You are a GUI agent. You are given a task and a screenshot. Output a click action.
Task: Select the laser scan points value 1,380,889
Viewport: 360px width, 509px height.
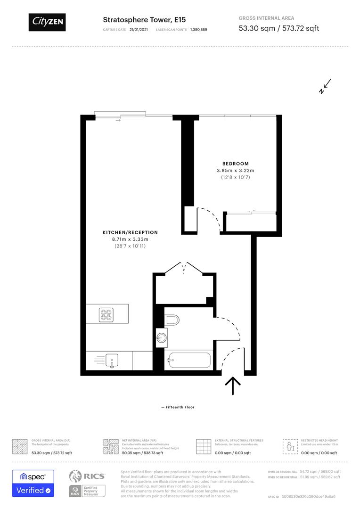pyautogui.click(x=199, y=30)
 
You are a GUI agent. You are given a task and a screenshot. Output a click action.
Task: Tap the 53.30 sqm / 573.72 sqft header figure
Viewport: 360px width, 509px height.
pyautogui.click(x=279, y=28)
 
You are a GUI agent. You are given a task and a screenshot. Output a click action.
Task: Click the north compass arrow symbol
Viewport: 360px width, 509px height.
pyautogui.click(x=325, y=87)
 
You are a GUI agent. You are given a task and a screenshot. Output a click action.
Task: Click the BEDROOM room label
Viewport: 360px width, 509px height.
pyautogui.click(x=236, y=164)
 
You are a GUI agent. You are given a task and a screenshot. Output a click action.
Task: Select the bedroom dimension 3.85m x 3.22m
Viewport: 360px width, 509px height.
pyautogui.click(x=236, y=171)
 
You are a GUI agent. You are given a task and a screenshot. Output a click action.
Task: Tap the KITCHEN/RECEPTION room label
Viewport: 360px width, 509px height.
pyautogui.click(x=130, y=232)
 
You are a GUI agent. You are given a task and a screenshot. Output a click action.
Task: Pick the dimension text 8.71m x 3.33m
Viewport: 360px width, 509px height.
pyautogui.click(x=130, y=239)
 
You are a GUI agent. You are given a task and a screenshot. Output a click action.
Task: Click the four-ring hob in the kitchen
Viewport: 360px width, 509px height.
pyautogui.click(x=106, y=314)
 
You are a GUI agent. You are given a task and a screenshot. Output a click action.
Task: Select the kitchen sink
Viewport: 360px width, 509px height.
pyautogui.click(x=112, y=361)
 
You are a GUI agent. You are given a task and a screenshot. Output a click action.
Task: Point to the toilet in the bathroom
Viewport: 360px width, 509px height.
pyautogui.click(x=173, y=320)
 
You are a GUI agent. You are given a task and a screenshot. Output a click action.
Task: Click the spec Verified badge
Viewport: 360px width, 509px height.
pyautogui.click(x=33, y=483)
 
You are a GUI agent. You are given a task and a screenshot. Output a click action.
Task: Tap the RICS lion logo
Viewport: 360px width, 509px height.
pyautogui.click(x=77, y=476)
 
